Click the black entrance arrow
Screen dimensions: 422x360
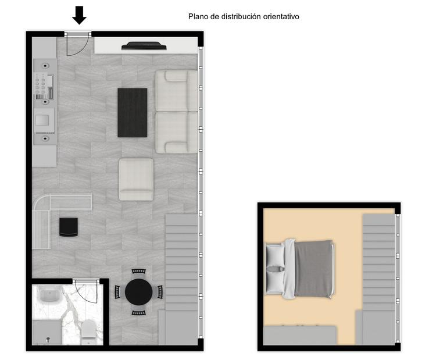pos(79,15)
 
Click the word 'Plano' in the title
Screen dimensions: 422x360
pos(198,17)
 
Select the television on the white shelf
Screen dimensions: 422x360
pos(144,46)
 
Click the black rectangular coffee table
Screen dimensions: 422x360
pos(133,113)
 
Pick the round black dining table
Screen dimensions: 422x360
pos(138,292)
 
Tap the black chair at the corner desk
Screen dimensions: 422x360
pos(69,227)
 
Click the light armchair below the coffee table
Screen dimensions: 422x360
pos(136,179)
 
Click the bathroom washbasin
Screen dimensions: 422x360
pos(49,295)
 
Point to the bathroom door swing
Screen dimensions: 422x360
pos(85,292)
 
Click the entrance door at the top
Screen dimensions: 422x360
pos(78,44)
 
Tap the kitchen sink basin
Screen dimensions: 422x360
pos(42,120)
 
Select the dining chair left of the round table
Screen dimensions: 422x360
pos(117,292)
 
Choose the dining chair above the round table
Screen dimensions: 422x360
pos(138,272)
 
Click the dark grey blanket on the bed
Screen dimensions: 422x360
pos(313,269)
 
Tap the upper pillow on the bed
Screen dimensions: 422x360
pos(275,255)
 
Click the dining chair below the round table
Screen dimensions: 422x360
pos(138,313)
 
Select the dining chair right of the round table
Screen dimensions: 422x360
pos(160,292)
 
